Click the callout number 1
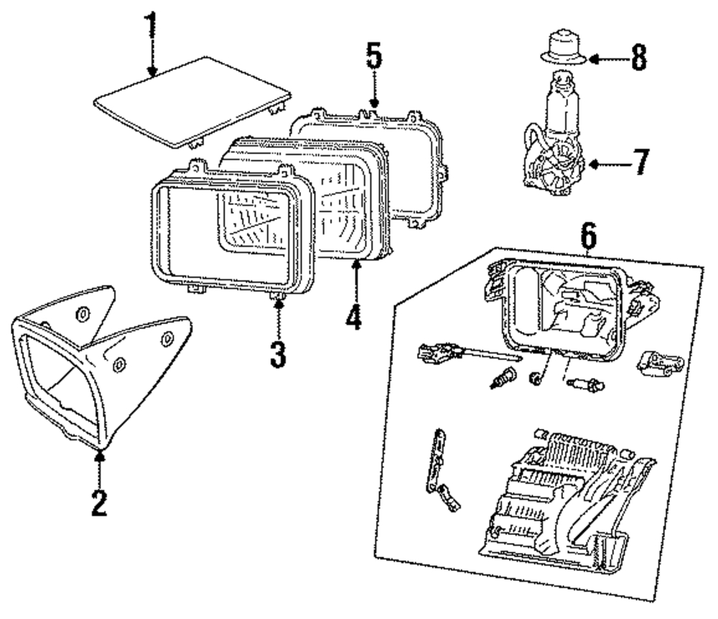coord(151,27)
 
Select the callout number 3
coord(278,353)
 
